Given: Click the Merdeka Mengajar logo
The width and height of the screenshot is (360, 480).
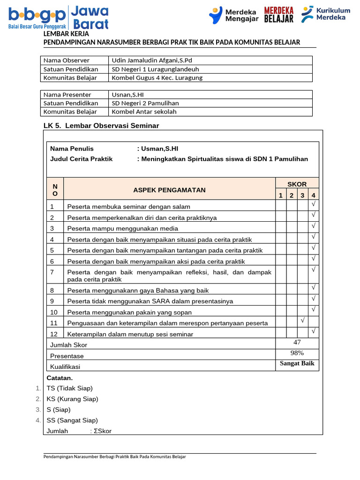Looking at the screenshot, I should click(233, 15).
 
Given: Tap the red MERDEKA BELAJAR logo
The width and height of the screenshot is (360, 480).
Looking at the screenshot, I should click(279, 15).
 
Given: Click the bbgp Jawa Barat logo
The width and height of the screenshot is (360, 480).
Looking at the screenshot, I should click(59, 17).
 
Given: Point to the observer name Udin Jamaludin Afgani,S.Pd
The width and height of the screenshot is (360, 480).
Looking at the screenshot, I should click(152, 60).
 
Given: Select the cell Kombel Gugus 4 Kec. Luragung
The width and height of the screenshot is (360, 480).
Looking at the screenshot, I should click(157, 78).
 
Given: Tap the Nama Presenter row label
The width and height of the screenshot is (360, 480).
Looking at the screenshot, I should click(67, 95).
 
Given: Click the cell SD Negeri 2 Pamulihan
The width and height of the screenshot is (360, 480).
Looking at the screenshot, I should click(145, 103).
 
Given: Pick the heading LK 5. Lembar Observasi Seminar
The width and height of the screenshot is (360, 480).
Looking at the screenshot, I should click(101, 126).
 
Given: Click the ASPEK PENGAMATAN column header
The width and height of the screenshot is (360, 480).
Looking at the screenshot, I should click(169, 190).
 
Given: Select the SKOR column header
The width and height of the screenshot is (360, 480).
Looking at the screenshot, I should click(297, 184).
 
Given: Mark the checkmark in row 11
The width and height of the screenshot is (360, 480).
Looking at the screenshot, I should click(303, 320).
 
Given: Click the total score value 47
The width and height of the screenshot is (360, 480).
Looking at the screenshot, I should click(297, 343).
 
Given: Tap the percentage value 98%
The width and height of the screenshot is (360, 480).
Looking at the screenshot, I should click(297, 353).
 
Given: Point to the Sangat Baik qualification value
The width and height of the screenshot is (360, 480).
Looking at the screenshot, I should click(297, 364).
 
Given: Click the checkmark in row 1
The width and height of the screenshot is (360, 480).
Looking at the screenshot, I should click(314, 204).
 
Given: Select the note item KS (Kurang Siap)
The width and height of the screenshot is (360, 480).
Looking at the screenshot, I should click(72, 399).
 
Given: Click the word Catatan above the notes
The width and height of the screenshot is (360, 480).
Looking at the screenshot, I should click(60, 378).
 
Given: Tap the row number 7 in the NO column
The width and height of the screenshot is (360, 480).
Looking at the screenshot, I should click(52, 272).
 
